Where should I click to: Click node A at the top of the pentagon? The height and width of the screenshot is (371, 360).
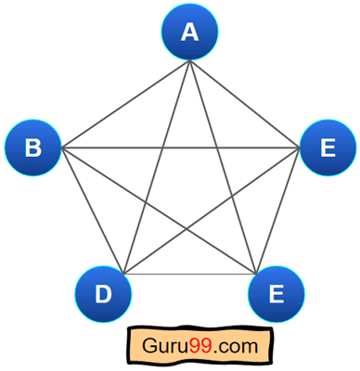(x=190, y=33)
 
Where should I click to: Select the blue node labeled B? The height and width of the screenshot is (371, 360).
(x=34, y=147)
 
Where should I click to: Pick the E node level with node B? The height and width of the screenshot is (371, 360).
(x=327, y=147)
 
